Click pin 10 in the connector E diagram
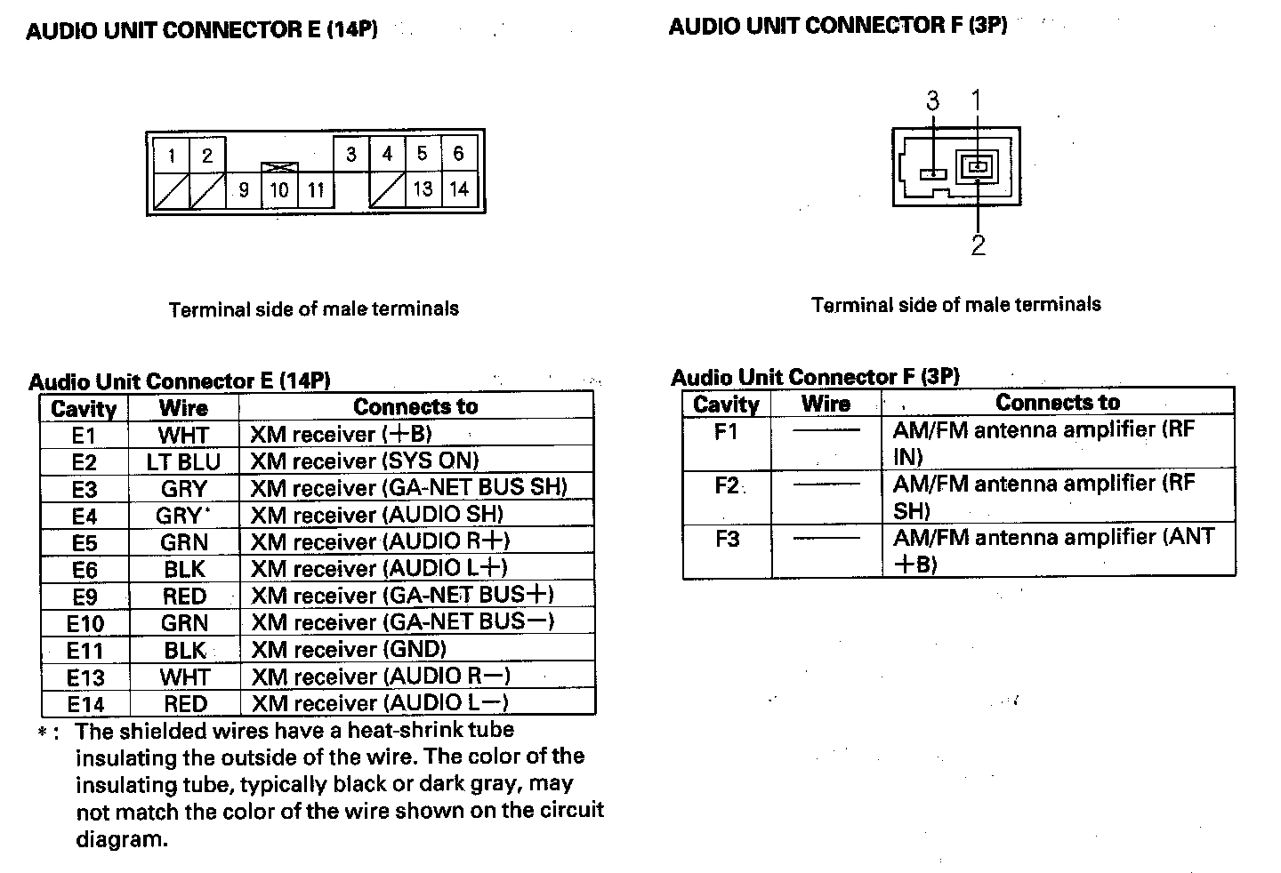278,189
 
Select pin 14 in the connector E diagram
458,188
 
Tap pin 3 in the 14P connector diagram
351,154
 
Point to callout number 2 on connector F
978,245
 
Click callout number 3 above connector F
932,100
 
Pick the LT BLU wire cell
183,462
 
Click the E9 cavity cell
85,597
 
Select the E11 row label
85,651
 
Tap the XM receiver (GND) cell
349,649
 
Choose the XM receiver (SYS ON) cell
364,461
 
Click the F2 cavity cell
727,486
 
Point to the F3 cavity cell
727,540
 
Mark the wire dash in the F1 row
826,431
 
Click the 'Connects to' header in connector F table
1057,403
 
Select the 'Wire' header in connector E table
183,408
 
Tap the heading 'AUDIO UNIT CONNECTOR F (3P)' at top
837,26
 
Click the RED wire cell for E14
185,704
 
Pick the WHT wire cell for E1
183,436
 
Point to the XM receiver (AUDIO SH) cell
376,515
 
